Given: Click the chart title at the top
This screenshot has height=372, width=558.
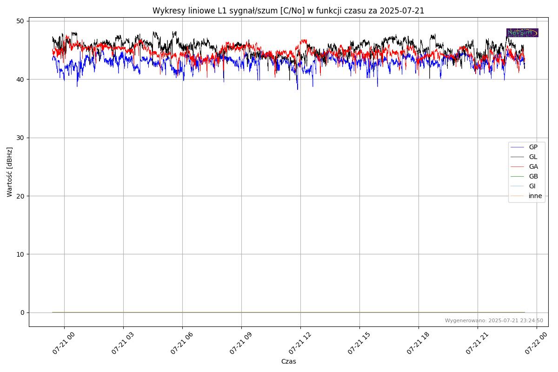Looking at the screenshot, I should (288, 11).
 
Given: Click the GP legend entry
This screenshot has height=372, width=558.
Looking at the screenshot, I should (533, 147).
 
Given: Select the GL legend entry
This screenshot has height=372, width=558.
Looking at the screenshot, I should (533, 157).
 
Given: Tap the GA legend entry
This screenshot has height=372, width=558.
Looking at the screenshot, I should (533, 166).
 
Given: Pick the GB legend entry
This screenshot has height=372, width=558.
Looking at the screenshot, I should (533, 176).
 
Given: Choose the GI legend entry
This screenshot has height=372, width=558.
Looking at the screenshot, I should (532, 186).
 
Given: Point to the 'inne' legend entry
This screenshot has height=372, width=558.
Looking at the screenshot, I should (535, 196).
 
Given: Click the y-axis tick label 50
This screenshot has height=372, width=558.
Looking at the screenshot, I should (20, 21).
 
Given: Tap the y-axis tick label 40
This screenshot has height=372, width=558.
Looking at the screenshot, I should (20, 80).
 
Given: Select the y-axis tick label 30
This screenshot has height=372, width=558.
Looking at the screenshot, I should (20, 138).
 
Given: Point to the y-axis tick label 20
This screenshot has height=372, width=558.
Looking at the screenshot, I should (20, 196).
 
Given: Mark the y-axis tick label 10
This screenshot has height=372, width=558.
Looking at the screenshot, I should (20, 254).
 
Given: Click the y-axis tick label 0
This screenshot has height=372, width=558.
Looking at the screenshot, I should (22, 312).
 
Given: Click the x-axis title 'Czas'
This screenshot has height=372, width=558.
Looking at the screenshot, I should (288, 361).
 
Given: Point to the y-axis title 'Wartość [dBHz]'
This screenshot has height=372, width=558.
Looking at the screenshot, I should (10, 172).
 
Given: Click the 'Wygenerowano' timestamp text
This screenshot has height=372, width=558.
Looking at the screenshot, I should (494, 320).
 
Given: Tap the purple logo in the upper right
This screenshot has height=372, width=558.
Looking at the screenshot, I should (522, 33).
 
